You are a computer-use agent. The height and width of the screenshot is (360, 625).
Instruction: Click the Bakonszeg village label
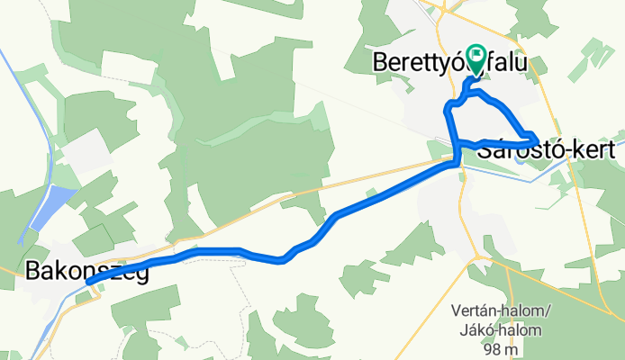87,270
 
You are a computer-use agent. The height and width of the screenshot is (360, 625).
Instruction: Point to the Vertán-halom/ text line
501,312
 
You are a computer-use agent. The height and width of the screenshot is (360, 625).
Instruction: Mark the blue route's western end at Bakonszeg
89,282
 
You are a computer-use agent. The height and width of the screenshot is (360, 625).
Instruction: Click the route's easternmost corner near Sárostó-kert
538,138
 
